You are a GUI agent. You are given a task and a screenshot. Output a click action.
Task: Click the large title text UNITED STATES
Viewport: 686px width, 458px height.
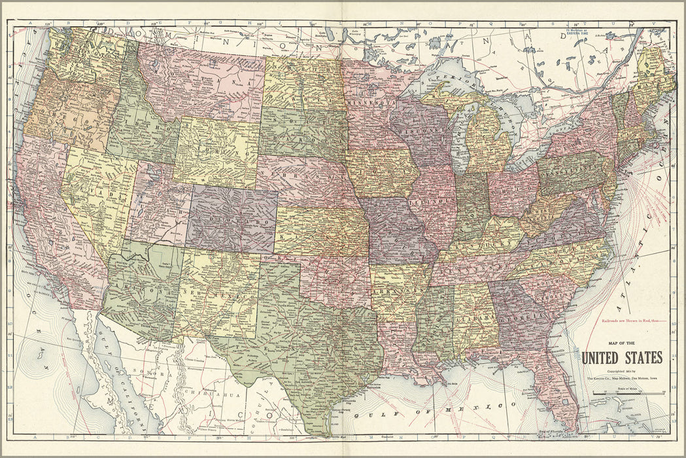tap(621, 357)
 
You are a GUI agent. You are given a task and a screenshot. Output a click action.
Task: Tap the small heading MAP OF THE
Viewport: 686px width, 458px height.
tap(621, 342)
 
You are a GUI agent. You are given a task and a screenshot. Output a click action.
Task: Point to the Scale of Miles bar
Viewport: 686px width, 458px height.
tap(628, 393)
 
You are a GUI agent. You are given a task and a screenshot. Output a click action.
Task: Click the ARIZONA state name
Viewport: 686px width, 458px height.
tap(140, 285)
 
